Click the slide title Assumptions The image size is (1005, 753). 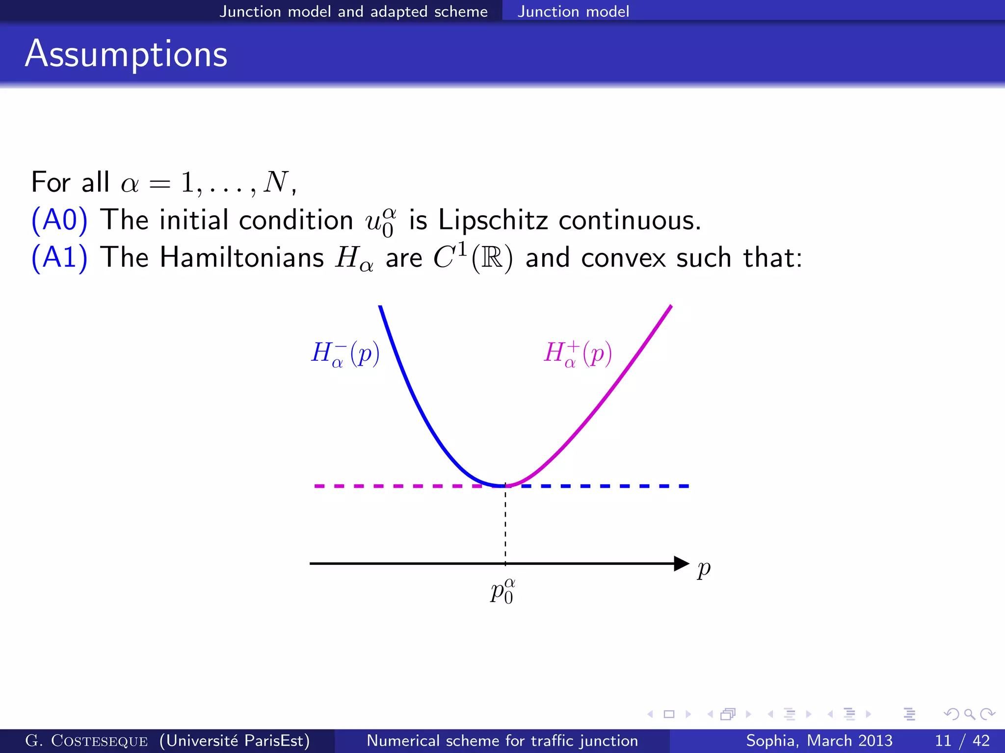click(x=126, y=54)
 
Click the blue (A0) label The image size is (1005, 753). click(x=59, y=220)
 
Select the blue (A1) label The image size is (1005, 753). click(x=59, y=257)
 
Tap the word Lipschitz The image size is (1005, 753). click(x=493, y=220)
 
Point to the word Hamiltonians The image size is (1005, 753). click(x=242, y=257)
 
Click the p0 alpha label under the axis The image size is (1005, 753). click(x=502, y=591)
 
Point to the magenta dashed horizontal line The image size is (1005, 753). click(x=397, y=486)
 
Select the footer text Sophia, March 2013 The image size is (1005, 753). click(x=819, y=740)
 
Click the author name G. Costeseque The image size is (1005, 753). click(x=86, y=740)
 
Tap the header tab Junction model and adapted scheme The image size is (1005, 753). click(x=353, y=11)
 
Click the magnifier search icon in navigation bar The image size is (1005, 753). click(x=969, y=714)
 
